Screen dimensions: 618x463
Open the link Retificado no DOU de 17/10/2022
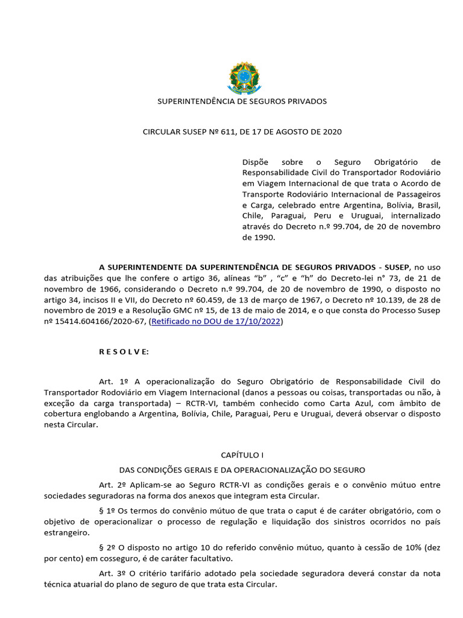pos(216,322)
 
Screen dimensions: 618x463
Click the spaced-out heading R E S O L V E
pos(124,352)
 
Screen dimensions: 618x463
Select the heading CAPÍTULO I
pos(243,454)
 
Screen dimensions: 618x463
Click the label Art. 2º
pos(113,485)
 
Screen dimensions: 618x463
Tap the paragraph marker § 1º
pos(107,511)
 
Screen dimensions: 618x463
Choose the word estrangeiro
pos(66,533)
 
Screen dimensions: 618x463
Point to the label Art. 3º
pos(113,573)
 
